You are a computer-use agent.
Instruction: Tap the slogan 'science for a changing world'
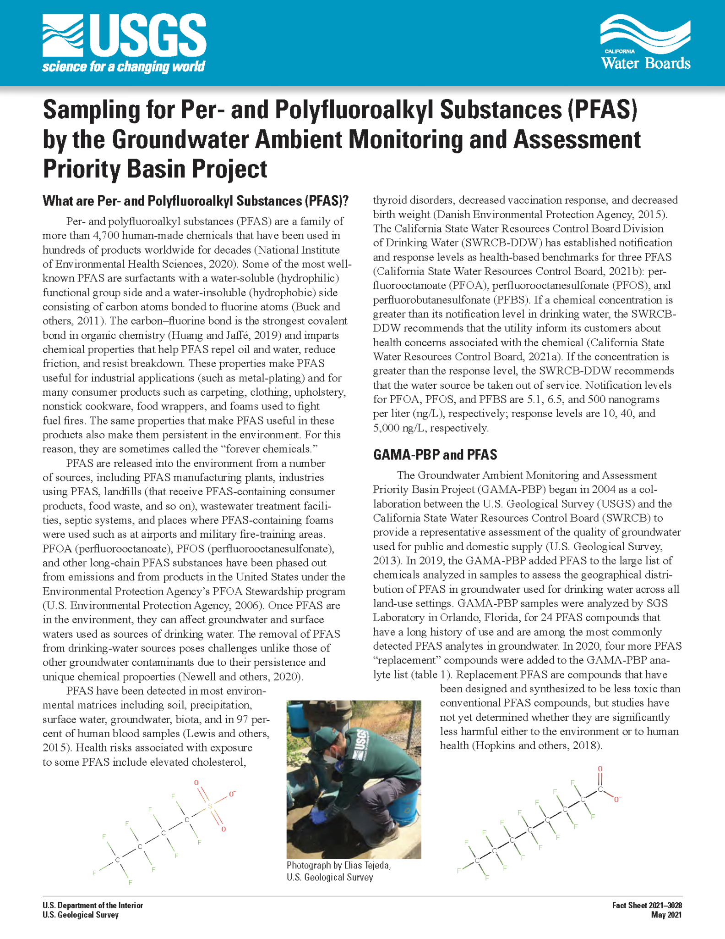coord(124,67)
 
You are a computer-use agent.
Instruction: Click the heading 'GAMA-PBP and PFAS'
coord(435,454)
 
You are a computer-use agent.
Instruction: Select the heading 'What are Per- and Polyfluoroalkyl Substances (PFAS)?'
coord(196,201)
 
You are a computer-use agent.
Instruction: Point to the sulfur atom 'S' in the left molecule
coord(210,806)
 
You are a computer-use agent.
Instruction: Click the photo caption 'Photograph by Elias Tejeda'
coord(338,865)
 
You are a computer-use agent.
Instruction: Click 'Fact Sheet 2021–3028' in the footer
coord(647,906)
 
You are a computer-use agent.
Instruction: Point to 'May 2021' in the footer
coord(666,915)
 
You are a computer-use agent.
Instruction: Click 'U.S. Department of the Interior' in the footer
coord(93,906)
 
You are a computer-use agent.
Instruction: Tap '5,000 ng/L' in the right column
coord(398,428)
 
